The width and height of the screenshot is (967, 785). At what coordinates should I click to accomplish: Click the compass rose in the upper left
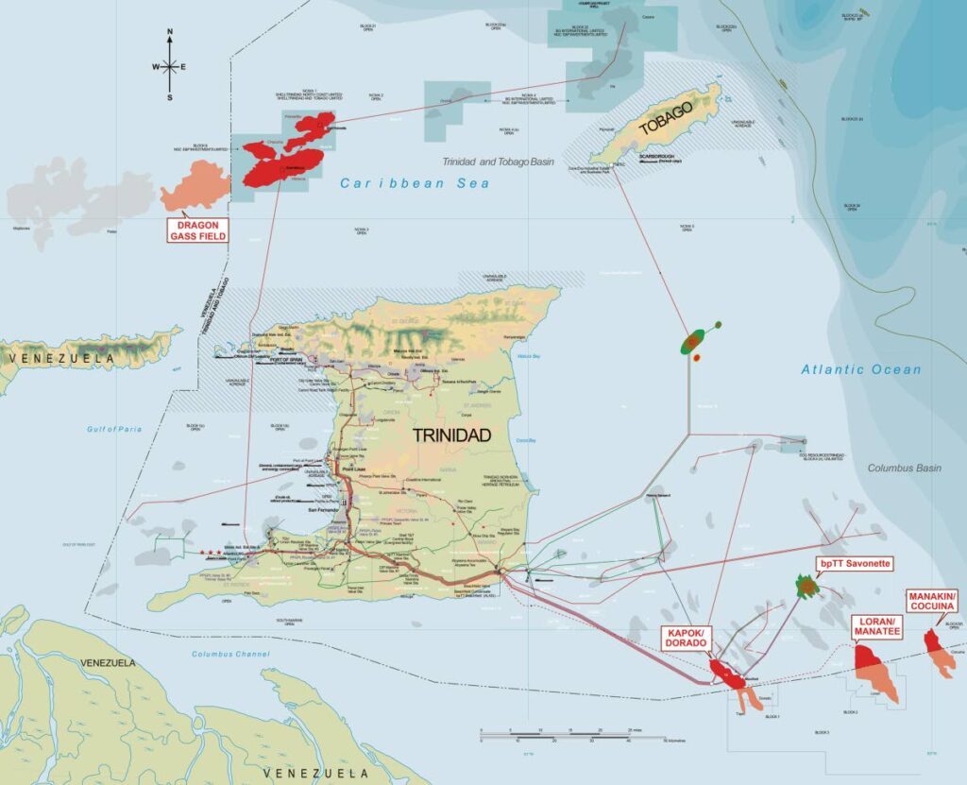tap(170, 66)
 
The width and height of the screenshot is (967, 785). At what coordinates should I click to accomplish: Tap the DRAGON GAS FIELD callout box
tap(198, 230)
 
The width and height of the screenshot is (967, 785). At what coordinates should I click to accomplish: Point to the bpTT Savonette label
tap(854, 563)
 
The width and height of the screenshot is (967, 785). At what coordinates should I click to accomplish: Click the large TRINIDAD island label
tap(451, 435)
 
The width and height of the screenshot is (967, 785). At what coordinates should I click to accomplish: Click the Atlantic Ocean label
tap(860, 369)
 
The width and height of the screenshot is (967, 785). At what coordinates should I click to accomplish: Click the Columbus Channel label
tap(225, 654)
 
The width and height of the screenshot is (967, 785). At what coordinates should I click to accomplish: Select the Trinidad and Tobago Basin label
tap(499, 162)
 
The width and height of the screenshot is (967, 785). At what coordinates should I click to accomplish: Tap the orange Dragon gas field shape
tap(195, 186)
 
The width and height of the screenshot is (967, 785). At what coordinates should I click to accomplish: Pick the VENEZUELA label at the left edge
tap(56, 359)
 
